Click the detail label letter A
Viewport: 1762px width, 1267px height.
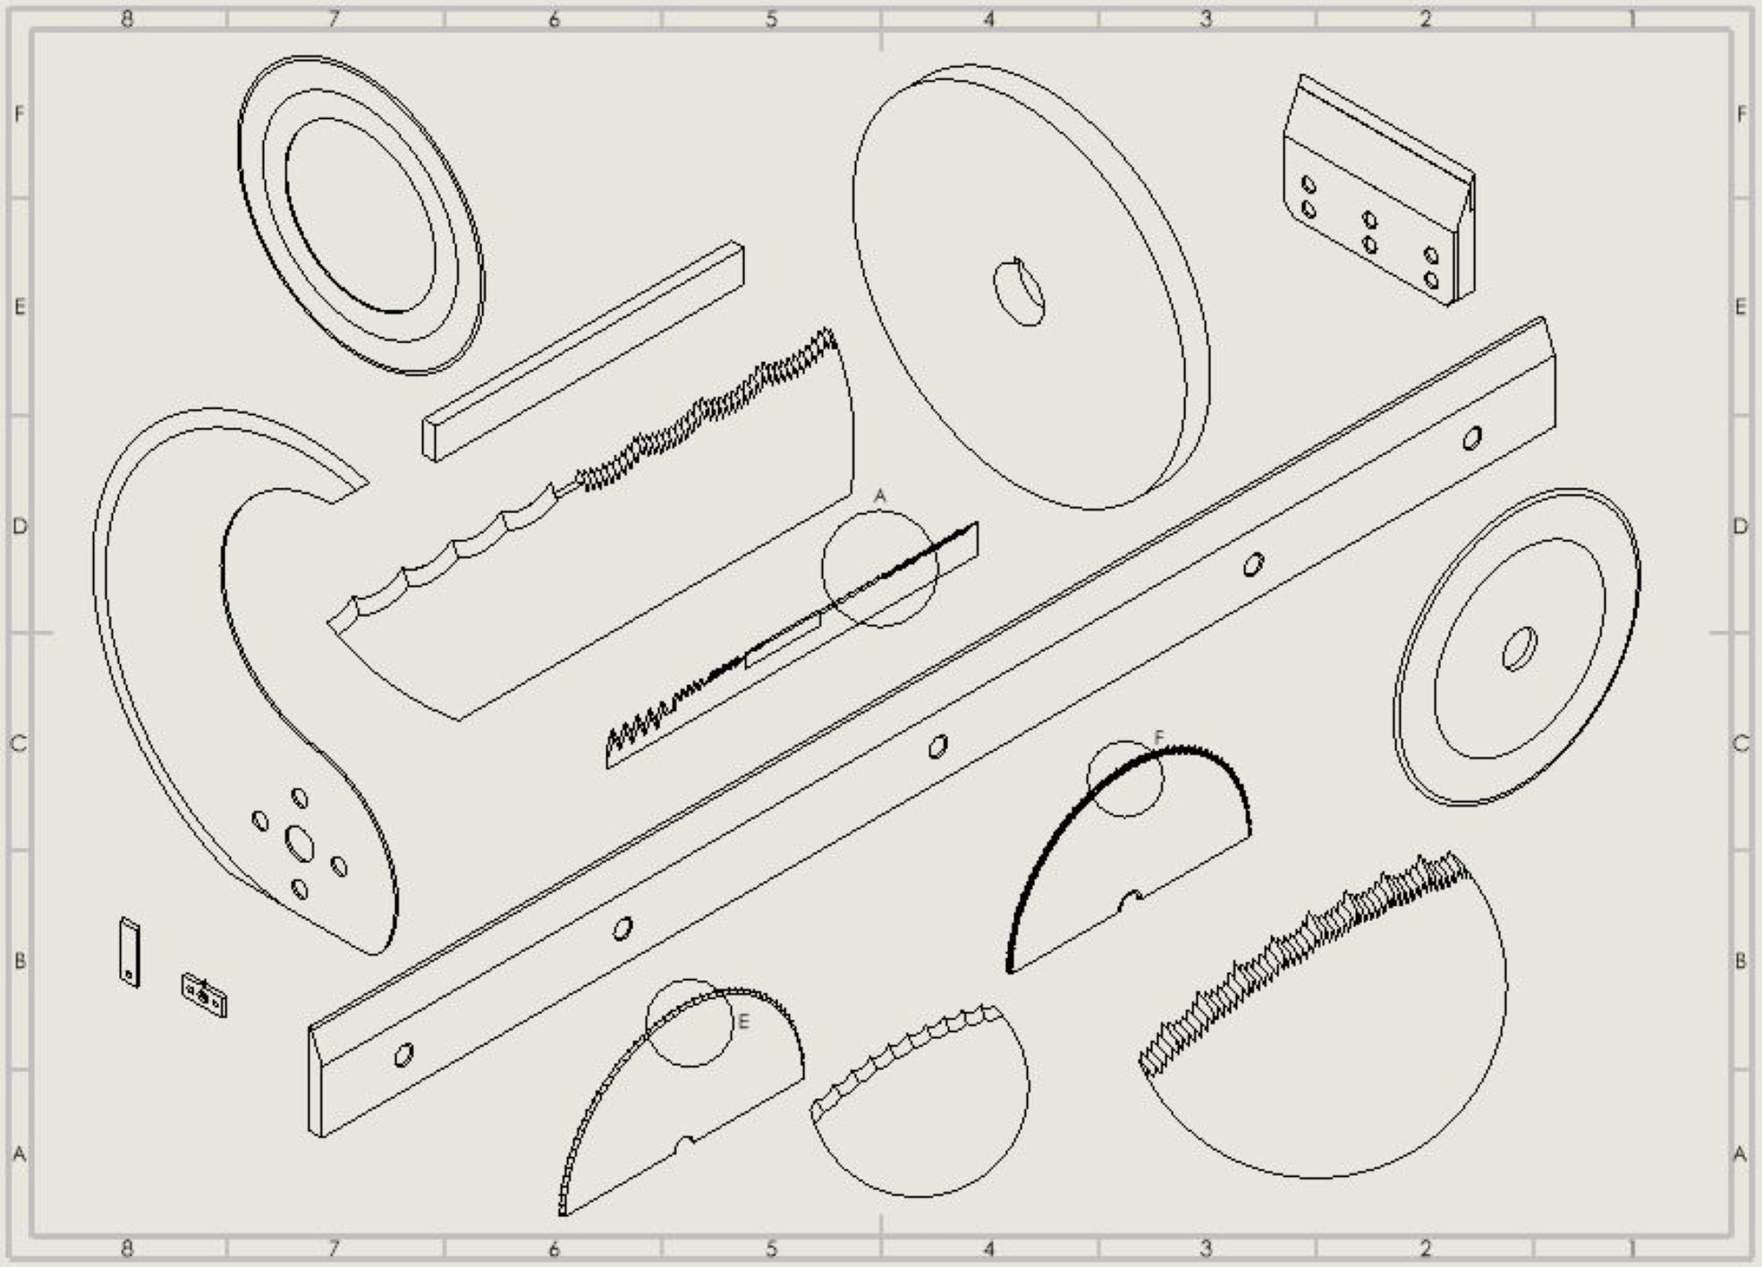click(x=879, y=495)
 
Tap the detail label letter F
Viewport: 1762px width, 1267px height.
click(x=1158, y=738)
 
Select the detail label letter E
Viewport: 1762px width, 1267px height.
click(x=742, y=1021)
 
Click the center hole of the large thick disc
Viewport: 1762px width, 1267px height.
click(x=1020, y=291)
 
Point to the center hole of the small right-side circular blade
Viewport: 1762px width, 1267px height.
click(x=1519, y=648)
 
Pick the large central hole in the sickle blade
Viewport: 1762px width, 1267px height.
click(x=299, y=842)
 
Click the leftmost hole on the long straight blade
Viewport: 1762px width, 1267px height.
click(x=403, y=1055)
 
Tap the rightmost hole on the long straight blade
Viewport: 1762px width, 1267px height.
click(x=1471, y=438)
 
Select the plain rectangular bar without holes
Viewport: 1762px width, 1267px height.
click(x=583, y=351)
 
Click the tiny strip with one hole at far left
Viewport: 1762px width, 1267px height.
click(x=130, y=952)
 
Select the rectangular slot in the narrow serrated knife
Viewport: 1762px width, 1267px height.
click(x=783, y=640)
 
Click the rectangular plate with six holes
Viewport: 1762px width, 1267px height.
click(x=1379, y=190)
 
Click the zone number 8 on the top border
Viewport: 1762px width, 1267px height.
click(x=127, y=18)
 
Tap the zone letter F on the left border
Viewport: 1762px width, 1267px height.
click(x=18, y=114)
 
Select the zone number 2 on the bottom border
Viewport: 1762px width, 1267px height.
click(x=1426, y=1247)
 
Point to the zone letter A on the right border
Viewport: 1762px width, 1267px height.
click(x=1741, y=1154)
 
